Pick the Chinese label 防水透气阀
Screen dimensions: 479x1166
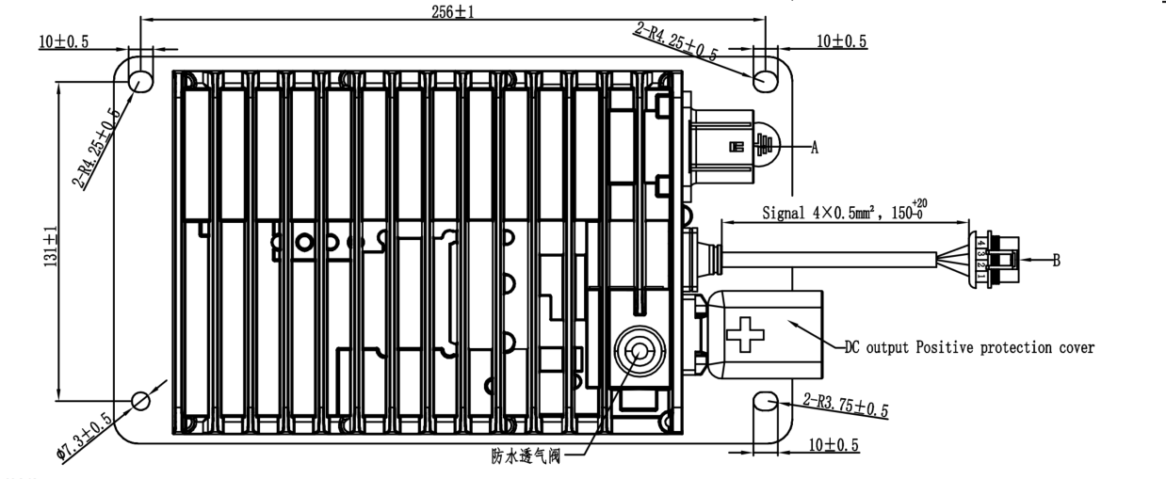[536, 459]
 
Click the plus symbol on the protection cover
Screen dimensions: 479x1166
[747, 332]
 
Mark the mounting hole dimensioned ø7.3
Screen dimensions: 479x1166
[141, 400]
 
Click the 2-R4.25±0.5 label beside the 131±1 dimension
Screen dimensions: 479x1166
[98, 148]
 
